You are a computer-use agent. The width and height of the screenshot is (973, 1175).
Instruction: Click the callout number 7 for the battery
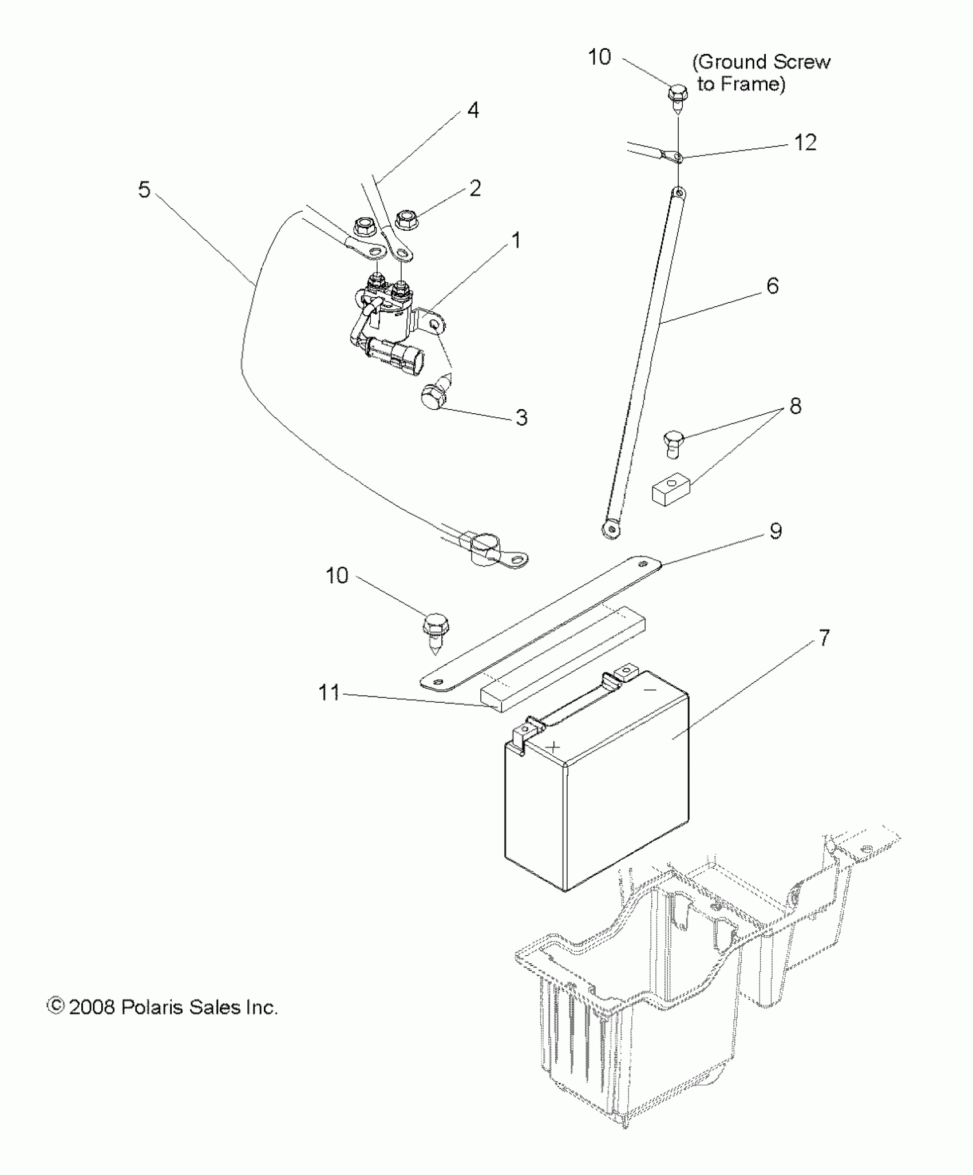click(824, 638)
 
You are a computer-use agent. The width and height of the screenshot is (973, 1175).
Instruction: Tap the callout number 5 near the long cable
click(144, 189)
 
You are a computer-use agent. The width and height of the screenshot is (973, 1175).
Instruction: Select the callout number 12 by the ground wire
click(805, 143)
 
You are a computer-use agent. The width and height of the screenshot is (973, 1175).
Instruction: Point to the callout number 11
click(329, 693)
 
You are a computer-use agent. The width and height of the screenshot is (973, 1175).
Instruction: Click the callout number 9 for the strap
click(775, 531)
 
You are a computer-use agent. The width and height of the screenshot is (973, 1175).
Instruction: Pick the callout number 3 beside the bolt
click(521, 417)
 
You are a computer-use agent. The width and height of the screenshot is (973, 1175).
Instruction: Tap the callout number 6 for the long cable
click(772, 286)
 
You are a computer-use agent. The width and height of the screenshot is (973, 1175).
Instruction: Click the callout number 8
click(795, 406)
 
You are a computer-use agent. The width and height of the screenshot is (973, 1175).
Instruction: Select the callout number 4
click(473, 110)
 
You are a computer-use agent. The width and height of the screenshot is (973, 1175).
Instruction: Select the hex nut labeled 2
click(406, 219)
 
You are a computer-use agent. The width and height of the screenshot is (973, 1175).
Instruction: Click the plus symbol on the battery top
click(553, 746)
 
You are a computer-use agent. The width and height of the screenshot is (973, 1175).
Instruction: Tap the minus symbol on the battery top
click(651, 691)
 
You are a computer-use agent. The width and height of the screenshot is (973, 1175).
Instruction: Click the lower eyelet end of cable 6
click(611, 529)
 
